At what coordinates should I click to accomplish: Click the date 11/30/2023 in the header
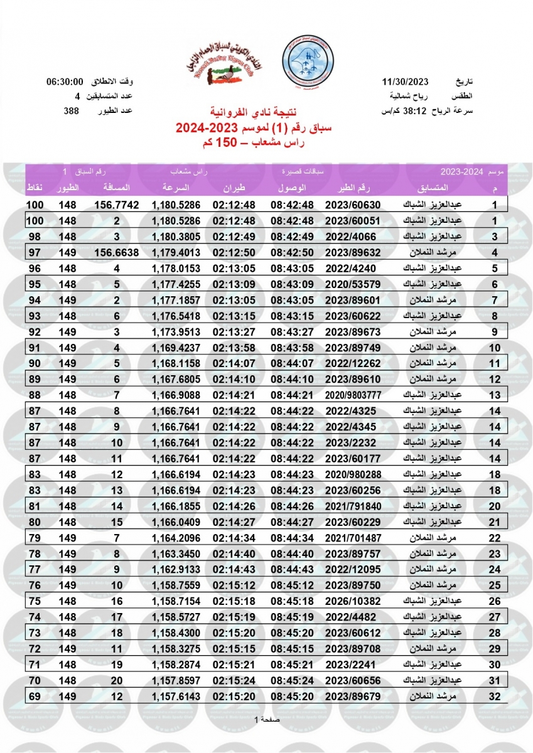pyautogui.click(x=405, y=82)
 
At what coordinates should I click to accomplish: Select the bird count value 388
pyautogui.click(x=71, y=110)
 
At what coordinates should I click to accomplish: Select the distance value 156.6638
pyautogui.click(x=119, y=252)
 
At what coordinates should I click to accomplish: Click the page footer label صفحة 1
pyautogui.click(x=267, y=719)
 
